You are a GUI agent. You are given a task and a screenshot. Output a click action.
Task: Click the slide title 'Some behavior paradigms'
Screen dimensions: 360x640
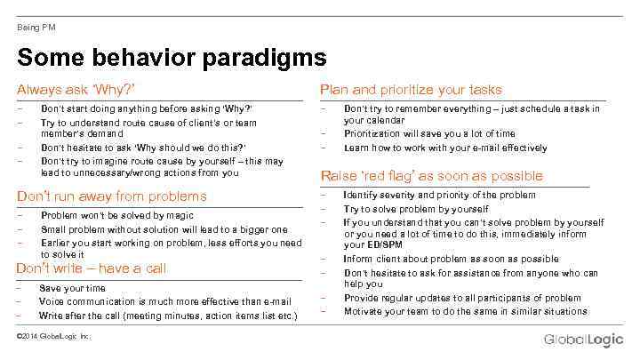pos(172,59)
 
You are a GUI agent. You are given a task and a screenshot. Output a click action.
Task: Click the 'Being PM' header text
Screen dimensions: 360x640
pos(36,27)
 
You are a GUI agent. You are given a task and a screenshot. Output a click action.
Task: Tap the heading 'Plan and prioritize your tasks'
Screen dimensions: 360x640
pos(411,90)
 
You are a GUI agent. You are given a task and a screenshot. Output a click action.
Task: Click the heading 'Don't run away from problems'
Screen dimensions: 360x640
pos(112,196)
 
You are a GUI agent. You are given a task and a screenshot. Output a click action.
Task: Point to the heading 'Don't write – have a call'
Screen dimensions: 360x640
pos(92,268)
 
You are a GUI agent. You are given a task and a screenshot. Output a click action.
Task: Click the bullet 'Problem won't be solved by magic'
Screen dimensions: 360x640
pos(117,215)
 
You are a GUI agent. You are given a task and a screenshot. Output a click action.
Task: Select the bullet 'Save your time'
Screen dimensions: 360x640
pos(73,289)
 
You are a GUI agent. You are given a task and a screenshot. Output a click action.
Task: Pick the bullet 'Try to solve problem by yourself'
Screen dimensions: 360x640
pos(416,209)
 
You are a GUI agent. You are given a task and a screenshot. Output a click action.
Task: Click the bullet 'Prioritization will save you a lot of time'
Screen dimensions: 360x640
pos(429,134)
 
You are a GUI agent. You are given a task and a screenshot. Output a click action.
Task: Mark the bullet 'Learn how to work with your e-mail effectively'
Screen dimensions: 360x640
pos(445,148)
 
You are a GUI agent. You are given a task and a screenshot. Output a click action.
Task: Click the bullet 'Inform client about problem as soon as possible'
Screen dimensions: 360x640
pos(451,260)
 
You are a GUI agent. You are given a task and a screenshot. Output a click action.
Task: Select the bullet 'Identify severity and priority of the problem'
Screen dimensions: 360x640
pos(439,196)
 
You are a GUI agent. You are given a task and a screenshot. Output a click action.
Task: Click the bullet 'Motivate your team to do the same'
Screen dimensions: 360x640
pos(465,311)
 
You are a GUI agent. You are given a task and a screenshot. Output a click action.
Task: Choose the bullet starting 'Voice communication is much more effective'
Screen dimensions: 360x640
pos(165,302)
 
